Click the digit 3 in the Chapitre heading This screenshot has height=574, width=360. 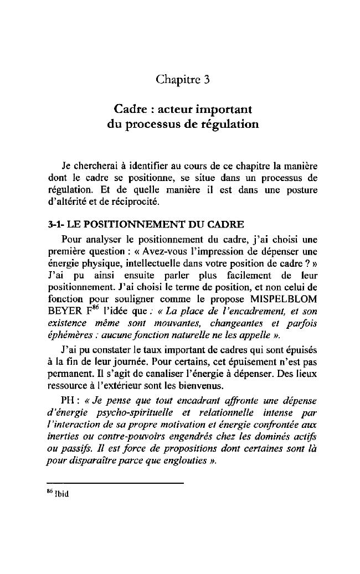click(x=206, y=80)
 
